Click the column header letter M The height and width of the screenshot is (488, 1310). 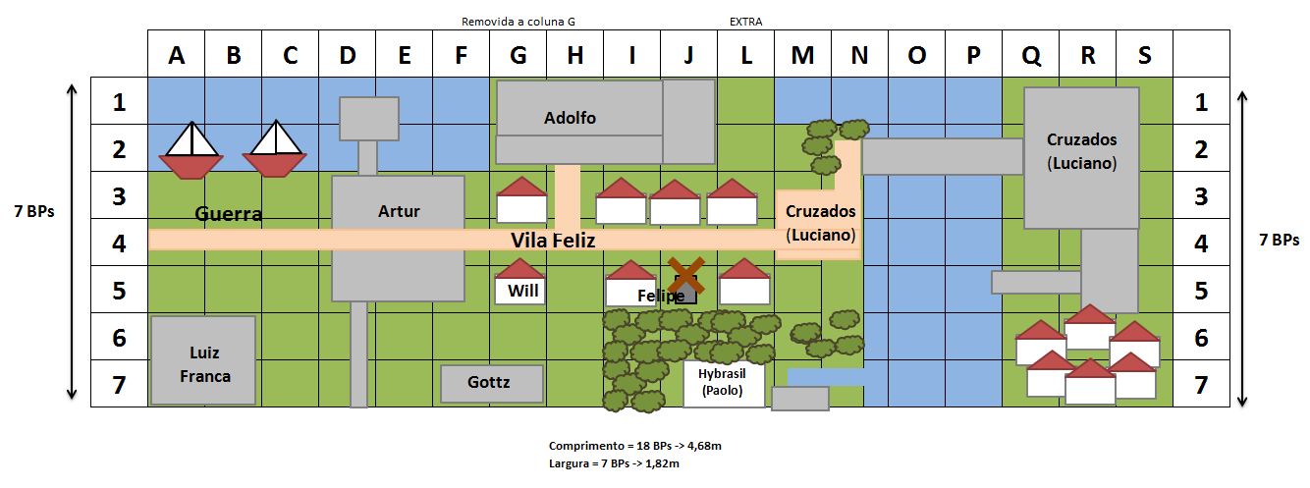(802, 56)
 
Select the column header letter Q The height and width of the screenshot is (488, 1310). (1030, 56)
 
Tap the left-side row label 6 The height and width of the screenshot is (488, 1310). (119, 338)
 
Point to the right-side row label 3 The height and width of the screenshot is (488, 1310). (1201, 196)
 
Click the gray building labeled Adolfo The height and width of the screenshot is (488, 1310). (605, 122)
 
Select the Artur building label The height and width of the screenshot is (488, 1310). (399, 211)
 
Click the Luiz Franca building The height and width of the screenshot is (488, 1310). (203, 360)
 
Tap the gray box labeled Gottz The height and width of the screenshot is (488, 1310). (492, 383)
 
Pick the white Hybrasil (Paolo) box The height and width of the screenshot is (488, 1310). (724, 383)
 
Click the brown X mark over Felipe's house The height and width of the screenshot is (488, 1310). (686, 275)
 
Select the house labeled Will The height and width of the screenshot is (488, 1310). (519, 282)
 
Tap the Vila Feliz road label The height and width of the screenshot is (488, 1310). (553, 241)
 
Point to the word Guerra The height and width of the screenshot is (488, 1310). (228, 214)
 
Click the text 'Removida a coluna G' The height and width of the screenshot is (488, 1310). (519, 22)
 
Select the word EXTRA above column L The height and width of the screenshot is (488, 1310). (745, 22)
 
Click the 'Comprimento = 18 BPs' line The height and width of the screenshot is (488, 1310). (635, 446)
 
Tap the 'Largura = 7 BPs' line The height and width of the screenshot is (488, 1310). (614, 463)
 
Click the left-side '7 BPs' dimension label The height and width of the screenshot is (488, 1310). (34, 211)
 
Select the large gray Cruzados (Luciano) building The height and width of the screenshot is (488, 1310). (1081, 158)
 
